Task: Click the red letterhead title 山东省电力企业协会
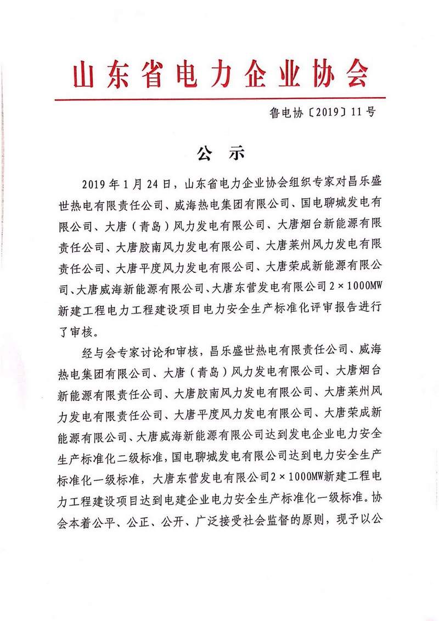[x=219, y=75]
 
